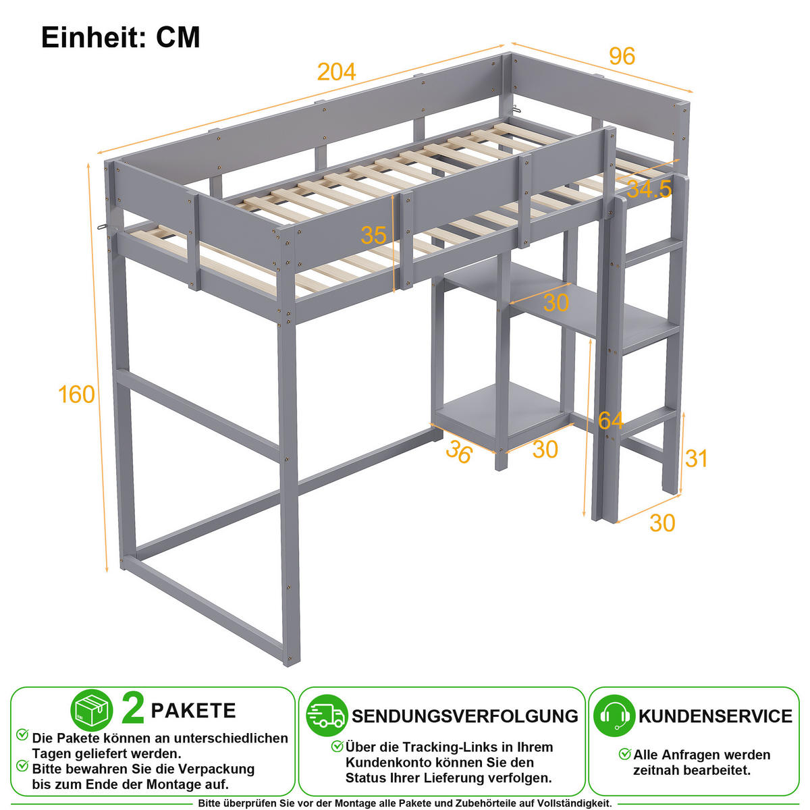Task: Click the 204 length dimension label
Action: click(336, 72)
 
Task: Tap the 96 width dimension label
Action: click(622, 56)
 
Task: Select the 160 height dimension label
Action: click(76, 395)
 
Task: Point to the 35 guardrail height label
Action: click(373, 236)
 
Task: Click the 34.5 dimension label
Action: click(649, 189)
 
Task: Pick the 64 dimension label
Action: click(611, 420)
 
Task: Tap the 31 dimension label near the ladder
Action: click(696, 458)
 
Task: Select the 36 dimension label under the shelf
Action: click(459, 452)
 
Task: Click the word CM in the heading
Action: click(178, 37)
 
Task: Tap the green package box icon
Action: click(92, 710)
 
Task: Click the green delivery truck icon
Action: click(327, 716)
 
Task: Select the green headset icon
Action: click(614, 716)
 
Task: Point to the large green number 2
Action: click(133, 709)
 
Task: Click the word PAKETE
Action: click(193, 711)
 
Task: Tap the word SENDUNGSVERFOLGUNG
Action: click(465, 716)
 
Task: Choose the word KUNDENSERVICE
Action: click(715, 716)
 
